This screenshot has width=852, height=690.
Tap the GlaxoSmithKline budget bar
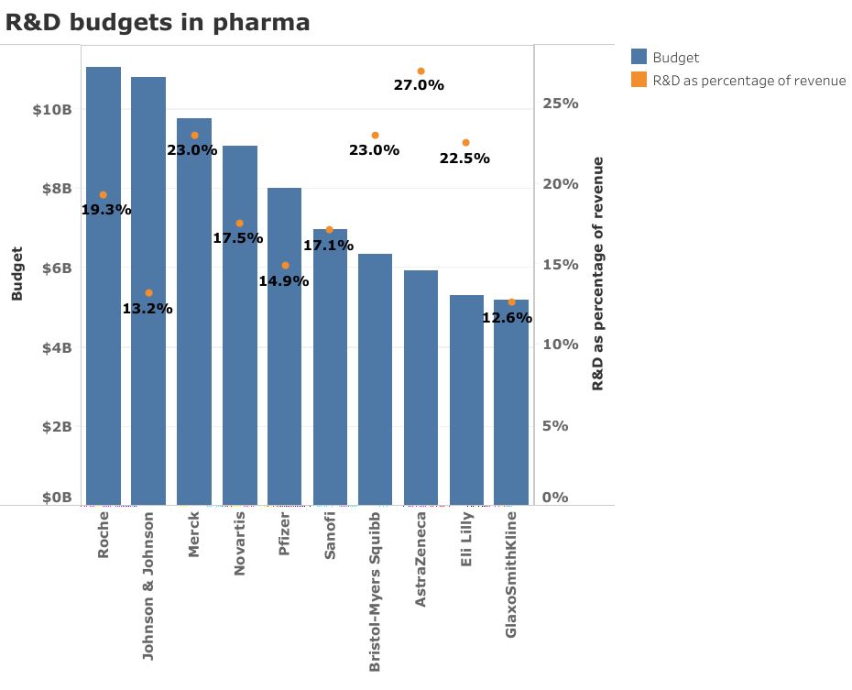[511, 402]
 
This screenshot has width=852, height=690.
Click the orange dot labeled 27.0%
[421, 71]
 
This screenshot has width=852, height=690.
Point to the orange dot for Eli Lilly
[465, 143]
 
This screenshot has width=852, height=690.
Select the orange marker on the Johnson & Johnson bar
[148, 293]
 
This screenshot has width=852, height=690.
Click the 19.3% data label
[106, 210]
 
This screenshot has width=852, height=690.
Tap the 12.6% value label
[508, 318]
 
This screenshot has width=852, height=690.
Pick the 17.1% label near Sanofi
[328, 246]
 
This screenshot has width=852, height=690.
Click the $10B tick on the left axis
[51, 109]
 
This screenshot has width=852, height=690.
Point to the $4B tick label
[55, 347]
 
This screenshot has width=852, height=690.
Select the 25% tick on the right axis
[560, 104]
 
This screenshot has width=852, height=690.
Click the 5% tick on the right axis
[563, 426]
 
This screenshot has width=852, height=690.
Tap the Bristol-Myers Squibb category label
[375, 591]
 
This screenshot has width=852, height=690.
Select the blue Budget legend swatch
[639, 58]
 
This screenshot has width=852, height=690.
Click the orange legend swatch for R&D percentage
[639, 81]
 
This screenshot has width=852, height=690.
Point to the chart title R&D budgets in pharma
[158, 23]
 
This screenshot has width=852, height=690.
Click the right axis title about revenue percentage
[597, 274]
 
